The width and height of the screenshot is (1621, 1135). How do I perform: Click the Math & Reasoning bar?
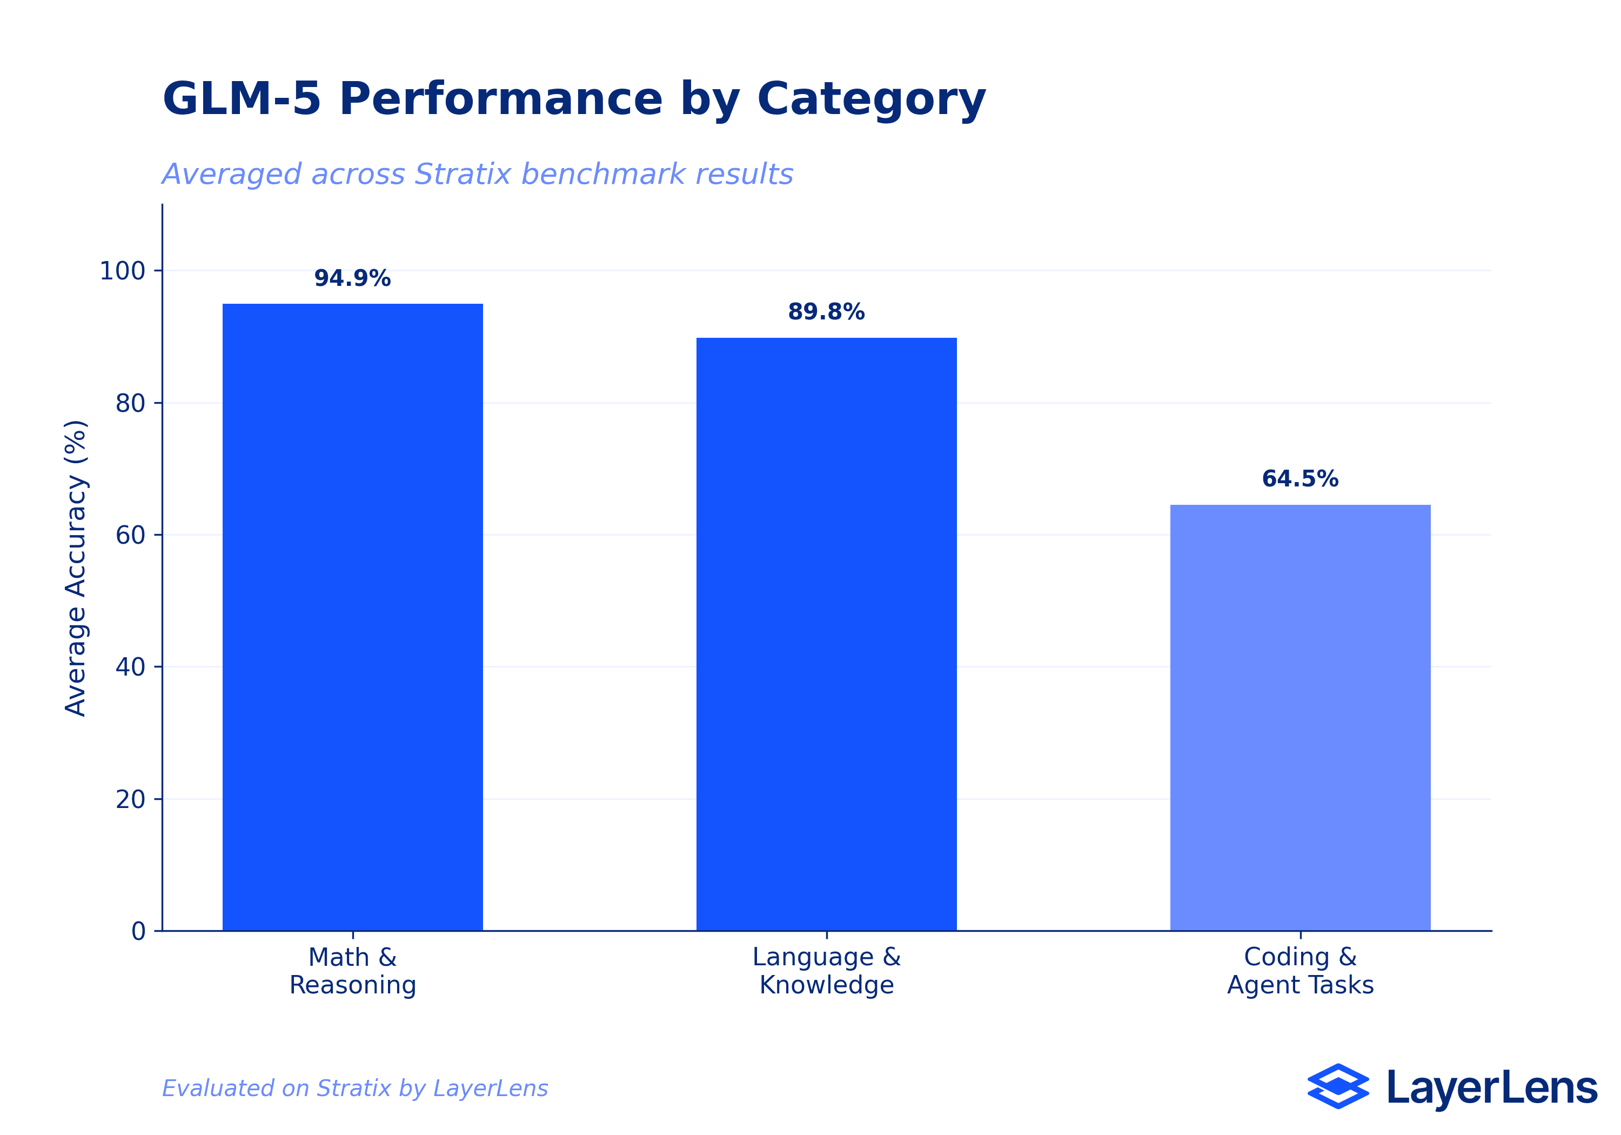(x=352, y=617)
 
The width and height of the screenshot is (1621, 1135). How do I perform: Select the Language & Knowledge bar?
(x=826, y=633)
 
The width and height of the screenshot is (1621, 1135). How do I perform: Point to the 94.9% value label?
(x=352, y=278)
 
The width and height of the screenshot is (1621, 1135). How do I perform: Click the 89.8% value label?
(x=826, y=311)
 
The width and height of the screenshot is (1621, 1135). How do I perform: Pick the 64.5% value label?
(x=1300, y=479)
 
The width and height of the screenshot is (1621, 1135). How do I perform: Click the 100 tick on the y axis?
(x=122, y=270)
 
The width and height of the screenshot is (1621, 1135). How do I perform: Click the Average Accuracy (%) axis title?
(x=76, y=568)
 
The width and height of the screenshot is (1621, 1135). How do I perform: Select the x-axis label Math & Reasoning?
(x=352, y=971)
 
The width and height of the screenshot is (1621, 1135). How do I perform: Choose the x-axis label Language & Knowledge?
(x=826, y=971)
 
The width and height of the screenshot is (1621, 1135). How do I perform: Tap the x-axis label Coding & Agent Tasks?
(x=1300, y=971)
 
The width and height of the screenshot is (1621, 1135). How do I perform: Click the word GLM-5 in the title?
(x=242, y=99)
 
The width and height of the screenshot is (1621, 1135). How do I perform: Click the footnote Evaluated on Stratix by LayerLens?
(x=354, y=1089)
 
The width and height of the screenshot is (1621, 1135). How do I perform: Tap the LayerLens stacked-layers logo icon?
(x=1337, y=1086)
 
